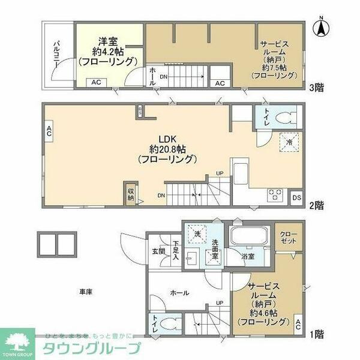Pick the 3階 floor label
tap(316, 88)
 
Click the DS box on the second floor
tap(296, 196)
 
